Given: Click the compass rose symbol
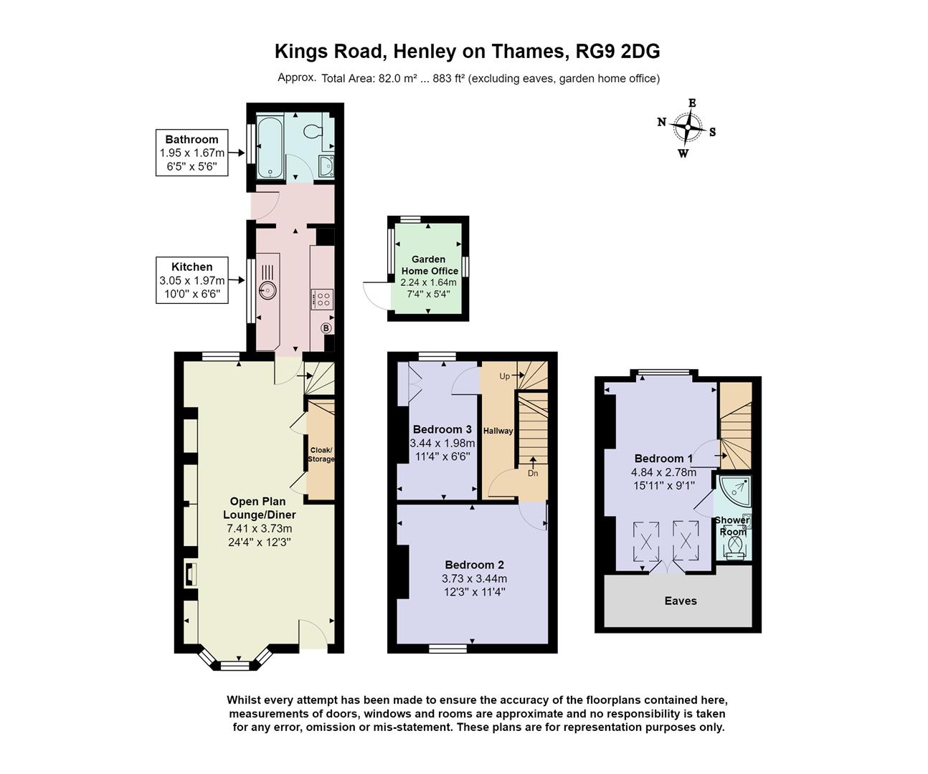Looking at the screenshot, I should (x=688, y=128).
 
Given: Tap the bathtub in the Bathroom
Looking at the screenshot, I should (x=270, y=148).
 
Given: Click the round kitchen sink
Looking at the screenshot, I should (x=267, y=290).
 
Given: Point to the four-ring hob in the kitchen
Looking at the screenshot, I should (x=321, y=299).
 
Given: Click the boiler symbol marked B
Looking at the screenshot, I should (x=326, y=328).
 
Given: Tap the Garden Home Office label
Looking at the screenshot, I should (x=429, y=265).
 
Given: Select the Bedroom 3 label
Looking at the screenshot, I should (x=442, y=429).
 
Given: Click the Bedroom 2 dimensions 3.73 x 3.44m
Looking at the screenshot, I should (x=474, y=578).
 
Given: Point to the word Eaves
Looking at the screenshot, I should (x=680, y=601).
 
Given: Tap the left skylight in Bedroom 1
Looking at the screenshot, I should (x=647, y=540).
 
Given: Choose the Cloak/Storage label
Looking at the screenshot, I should (x=321, y=454).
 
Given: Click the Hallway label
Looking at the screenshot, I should (x=498, y=431).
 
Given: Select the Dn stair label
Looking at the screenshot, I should (x=532, y=473).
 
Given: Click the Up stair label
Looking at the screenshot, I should (x=505, y=376).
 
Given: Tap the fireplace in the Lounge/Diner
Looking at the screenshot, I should (x=190, y=574).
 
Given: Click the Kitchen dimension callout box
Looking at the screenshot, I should (x=191, y=279).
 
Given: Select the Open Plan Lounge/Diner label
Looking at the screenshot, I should (x=259, y=508).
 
